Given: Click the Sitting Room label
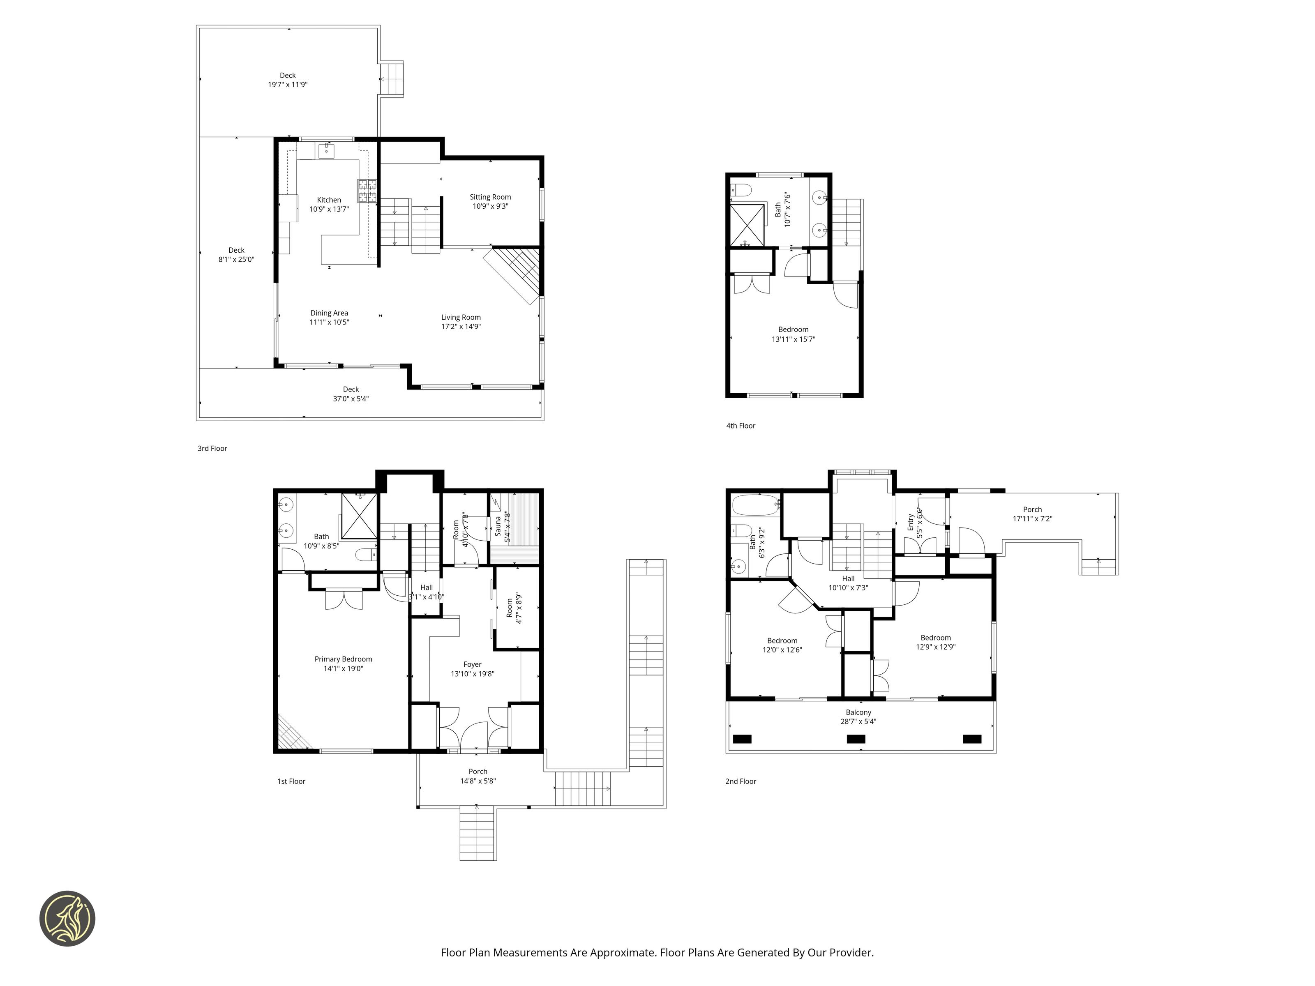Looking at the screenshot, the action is coord(490,201).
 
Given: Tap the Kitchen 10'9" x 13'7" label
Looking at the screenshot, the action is coord(329,205).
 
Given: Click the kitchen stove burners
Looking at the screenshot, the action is coord(367,191).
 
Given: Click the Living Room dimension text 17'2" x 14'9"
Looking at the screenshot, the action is coord(461,326).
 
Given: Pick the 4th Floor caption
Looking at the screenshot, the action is coord(741,426).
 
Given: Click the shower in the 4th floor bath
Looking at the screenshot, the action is coord(747,225).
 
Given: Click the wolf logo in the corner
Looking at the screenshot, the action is coord(67,918).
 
